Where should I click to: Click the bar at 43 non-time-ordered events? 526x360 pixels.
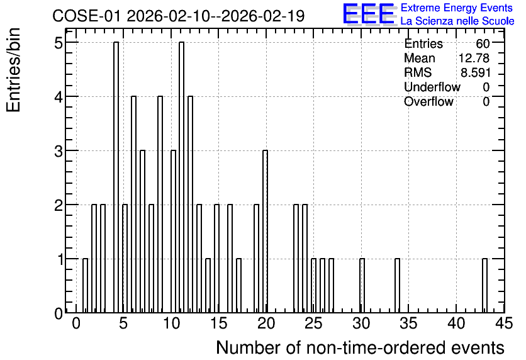coord(484,286)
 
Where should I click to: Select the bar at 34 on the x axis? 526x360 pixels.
coord(397,286)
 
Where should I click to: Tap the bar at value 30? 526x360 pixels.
coord(362,286)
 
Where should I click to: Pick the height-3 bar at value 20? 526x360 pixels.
coord(265,232)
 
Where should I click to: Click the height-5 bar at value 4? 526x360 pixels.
coord(116,177)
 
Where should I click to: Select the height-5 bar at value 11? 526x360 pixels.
coord(181,177)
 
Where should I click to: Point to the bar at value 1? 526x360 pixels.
coord(85,286)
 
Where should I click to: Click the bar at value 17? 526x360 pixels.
coord(239,286)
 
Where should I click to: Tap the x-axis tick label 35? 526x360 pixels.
coord(408,323)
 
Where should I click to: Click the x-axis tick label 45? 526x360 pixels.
coord(504,323)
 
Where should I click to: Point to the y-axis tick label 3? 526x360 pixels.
coord(59,151)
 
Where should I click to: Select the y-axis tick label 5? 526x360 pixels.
coord(59,43)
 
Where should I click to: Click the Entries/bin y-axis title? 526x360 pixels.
coord(13,70)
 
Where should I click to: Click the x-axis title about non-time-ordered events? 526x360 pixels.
coord(360,347)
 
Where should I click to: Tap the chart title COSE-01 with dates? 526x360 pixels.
coord(179,16)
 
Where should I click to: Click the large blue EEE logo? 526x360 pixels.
coord(369,14)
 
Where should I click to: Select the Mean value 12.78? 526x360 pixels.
coord(474,58)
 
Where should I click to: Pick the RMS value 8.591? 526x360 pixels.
coord(476,72)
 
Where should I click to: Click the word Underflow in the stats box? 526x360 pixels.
coord(432,87)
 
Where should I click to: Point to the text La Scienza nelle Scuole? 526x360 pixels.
coord(457,21)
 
